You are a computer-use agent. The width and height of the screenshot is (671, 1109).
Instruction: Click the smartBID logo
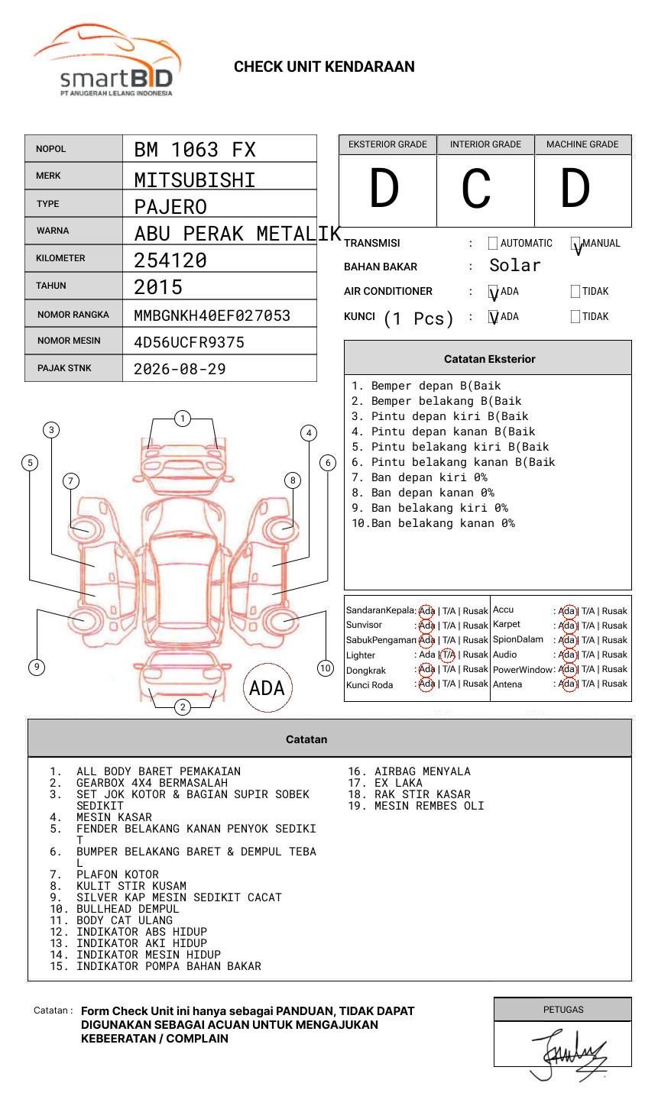coord(108,61)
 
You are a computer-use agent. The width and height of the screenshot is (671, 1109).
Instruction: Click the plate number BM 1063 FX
coord(195,150)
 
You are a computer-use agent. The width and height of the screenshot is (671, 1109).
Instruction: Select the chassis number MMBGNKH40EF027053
coord(212,315)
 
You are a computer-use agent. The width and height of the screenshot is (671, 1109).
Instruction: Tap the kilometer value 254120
coord(170,260)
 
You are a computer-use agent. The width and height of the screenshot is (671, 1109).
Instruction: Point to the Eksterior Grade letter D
coord(384,189)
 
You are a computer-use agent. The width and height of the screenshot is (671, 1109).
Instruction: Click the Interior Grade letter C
coord(476,189)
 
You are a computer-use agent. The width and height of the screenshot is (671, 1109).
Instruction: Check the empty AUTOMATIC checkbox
coord(493,244)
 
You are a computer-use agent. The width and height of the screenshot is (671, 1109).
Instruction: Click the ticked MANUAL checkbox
coord(575,244)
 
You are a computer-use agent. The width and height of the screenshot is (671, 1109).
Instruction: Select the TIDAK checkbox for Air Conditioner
coord(575,292)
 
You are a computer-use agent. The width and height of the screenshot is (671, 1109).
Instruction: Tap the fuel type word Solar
coord(514,266)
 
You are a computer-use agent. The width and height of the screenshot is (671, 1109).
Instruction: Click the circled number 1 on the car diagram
coord(182,419)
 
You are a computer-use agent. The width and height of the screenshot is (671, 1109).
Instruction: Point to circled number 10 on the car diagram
coord(326,668)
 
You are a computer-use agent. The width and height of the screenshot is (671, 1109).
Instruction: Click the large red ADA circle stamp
coord(267,688)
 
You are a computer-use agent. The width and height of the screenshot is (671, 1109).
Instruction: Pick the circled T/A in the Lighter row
coord(448,655)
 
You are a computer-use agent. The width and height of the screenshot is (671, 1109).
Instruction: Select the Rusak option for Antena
coord(614,684)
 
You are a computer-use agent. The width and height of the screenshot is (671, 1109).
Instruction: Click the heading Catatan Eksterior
coord(489,359)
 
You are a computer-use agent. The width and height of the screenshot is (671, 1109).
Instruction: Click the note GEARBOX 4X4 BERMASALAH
coord(151,783)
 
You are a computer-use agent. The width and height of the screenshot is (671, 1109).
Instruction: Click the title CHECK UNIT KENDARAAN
coord(324,67)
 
